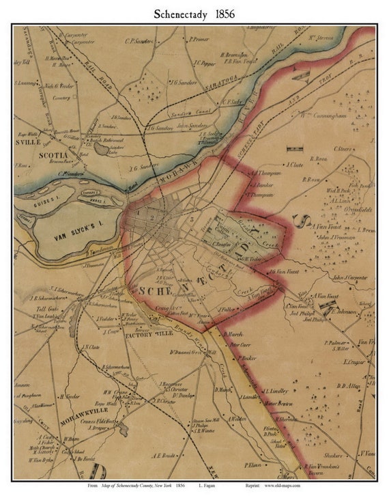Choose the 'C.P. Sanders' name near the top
click(x=139, y=40)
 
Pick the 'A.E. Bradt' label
click(x=165, y=455)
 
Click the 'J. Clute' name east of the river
click(x=294, y=164)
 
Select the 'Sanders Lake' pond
click(x=102, y=147)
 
